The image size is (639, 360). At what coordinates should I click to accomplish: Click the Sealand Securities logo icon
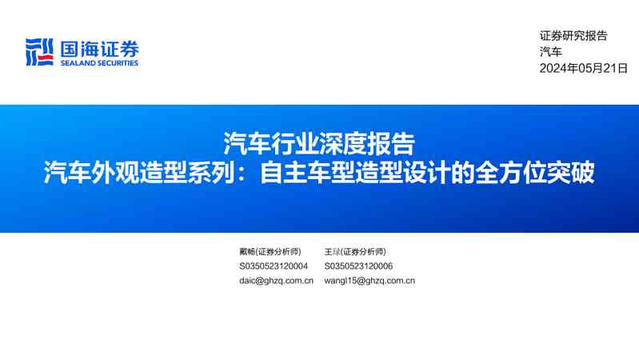click(x=39, y=52)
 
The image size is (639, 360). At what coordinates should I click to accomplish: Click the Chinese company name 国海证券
click(x=99, y=48)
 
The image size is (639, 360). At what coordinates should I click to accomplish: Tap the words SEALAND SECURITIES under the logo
click(x=99, y=63)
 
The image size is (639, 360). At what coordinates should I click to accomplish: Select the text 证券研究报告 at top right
click(x=573, y=35)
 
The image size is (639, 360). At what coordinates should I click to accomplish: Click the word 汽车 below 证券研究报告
click(x=551, y=52)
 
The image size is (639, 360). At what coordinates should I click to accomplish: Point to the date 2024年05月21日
click(x=583, y=69)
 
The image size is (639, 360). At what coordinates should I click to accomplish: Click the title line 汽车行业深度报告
click(x=319, y=144)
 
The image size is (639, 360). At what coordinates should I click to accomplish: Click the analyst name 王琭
click(x=333, y=251)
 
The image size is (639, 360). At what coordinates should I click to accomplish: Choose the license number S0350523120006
click(x=358, y=266)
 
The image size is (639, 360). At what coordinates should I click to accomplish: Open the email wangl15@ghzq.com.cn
click(x=369, y=281)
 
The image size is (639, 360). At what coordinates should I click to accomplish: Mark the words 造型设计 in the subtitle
click(x=389, y=173)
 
